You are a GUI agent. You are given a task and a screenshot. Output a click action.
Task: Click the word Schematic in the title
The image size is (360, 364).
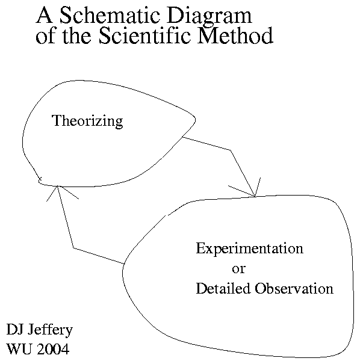(x=110, y=16)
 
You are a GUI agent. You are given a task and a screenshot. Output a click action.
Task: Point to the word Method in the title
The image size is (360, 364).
(x=235, y=35)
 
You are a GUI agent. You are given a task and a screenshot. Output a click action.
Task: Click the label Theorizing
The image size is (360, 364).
(x=88, y=121)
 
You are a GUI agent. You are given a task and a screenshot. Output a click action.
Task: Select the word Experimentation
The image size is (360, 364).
(x=250, y=249)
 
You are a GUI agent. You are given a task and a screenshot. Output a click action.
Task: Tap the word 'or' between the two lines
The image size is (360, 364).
(x=239, y=270)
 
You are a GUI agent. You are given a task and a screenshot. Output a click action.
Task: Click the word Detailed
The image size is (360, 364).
(x=223, y=288)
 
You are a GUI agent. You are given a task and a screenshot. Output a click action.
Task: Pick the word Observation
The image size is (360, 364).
(x=294, y=288)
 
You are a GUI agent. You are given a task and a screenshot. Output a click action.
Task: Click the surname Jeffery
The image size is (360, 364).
(x=50, y=330)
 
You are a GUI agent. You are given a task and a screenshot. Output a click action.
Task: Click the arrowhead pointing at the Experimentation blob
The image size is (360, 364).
(x=255, y=196)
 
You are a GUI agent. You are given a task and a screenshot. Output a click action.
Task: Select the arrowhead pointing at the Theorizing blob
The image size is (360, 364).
(x=57, y=186)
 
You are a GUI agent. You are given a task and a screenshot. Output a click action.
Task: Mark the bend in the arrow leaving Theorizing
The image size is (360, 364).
(x=231, y=150)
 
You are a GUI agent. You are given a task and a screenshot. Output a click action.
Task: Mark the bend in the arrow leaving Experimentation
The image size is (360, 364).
(x=73, y=248)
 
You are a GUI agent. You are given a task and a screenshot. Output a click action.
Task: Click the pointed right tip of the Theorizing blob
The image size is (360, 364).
(x=195, y=120)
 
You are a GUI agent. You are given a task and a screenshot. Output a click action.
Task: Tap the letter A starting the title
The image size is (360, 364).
(x=44, y=15)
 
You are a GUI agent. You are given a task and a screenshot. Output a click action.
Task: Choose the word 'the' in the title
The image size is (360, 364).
(x=77, y=35)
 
